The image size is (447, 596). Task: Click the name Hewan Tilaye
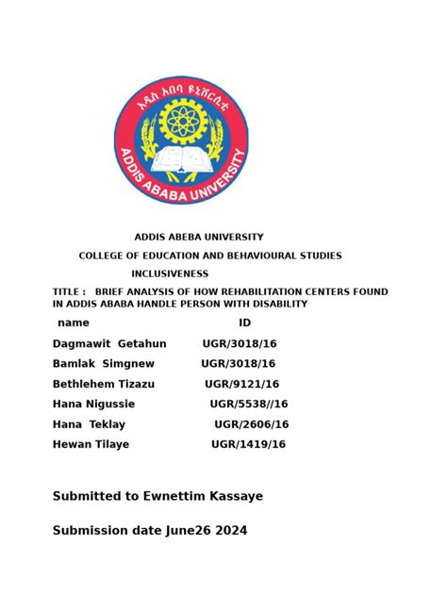[x=91, y=444]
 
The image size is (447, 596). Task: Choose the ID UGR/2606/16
[x=251, y=424]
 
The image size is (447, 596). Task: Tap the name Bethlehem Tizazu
[x=103, y=384]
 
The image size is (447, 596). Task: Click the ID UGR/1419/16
[x=248, y=444]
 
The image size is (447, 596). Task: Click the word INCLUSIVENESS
[x=170, y=273]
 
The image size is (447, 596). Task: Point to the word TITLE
[x=67, y=292]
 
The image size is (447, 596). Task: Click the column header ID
[x=244, y=323]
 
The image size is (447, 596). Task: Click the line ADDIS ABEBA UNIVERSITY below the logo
[x=199, y=237]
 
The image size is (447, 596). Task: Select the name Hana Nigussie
[x=93, y=404]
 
